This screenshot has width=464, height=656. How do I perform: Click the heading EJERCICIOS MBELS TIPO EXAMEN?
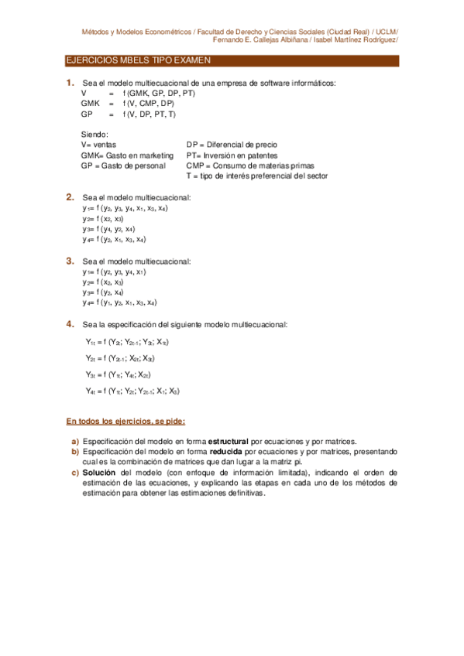(x=139, y=60)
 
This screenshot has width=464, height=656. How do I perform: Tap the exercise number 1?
(x=70, y=83)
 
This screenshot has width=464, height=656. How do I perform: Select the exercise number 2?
(x=70, y=196)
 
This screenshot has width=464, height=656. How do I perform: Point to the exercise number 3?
(x=70, y=261)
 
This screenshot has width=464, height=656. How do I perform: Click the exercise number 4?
(x=70, y=323)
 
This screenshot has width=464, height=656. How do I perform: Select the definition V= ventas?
(x=101, y=145)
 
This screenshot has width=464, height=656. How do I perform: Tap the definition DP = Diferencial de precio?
(x=232, y=145)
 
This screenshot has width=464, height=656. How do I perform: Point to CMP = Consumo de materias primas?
(x=246, y=166)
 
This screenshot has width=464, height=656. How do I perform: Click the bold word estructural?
(x=219, y=442)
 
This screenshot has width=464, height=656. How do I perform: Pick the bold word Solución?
(x=101, y=472)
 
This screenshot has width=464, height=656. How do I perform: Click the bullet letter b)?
(x=75, y=452)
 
